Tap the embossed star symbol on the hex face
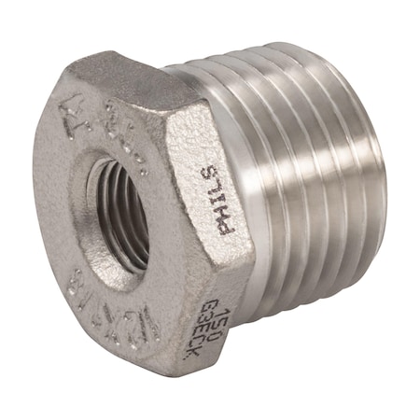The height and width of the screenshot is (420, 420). pos(68,119)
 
